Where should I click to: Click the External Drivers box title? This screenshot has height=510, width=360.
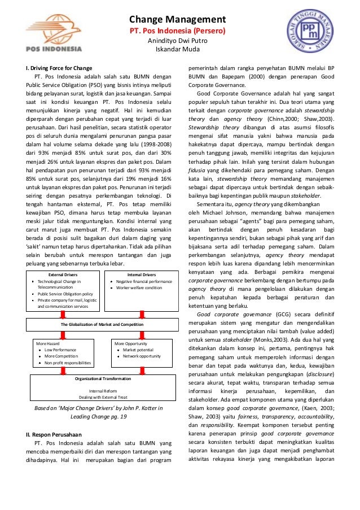pyautogui.click(x=63, y=275)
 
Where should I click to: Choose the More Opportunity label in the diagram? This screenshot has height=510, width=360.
pyautogui.click(x=131, y=343)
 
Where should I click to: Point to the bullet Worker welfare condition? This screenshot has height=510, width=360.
pyautogui.click(x=139, y=287)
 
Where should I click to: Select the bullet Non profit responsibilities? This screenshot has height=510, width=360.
pyautogui.click(x=67, y=363)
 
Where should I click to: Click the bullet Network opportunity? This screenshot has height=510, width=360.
pyautogui.click(x=142, y=356)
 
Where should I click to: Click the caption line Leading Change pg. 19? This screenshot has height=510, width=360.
pyautogui.click(x=99, y=417)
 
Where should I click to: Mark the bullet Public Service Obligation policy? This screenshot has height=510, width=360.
pyautogui.click(x=65, y=294)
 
